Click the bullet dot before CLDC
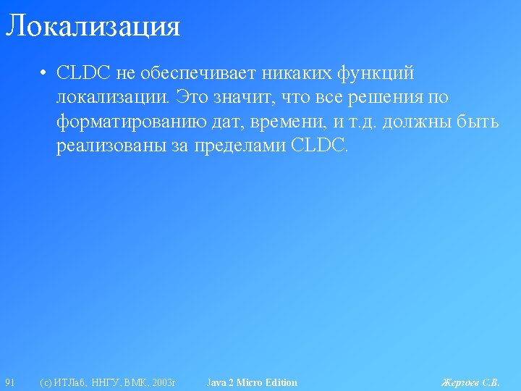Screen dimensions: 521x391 [x=43, y=73]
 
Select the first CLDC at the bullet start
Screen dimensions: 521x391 [x=83, y=72]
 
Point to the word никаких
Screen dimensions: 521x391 [x=297, y=73]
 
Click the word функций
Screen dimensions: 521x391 [x=376, y=74]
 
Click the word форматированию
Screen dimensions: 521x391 [x=131, y=122]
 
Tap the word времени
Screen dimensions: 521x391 [x=287, y=122]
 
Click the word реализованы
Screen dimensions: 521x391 [x=111, y=146]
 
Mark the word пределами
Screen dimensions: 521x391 [x=240, y=146]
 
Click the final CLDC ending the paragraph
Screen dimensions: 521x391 [x=319, y=145]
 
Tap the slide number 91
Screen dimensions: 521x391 [x=10, y=383]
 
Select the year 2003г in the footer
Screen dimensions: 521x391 [x=164, y=383]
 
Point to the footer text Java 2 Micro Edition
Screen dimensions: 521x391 [x=252, y=383]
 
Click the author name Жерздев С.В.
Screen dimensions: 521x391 [x=470, y=383]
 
